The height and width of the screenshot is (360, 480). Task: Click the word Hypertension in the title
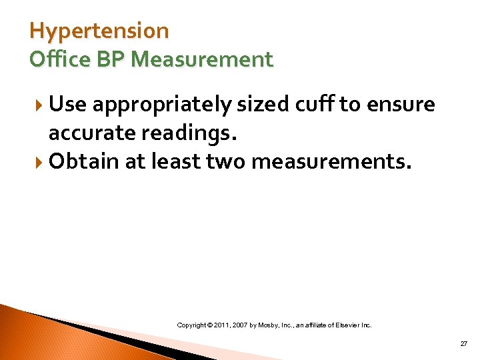tap(99, 31)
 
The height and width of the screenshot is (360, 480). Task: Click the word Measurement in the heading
tap(202, 59)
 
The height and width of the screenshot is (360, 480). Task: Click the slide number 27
tap(463, 343)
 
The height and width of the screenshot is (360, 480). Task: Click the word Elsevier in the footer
tap(348, 325)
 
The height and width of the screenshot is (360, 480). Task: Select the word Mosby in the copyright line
tap(276, 325)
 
